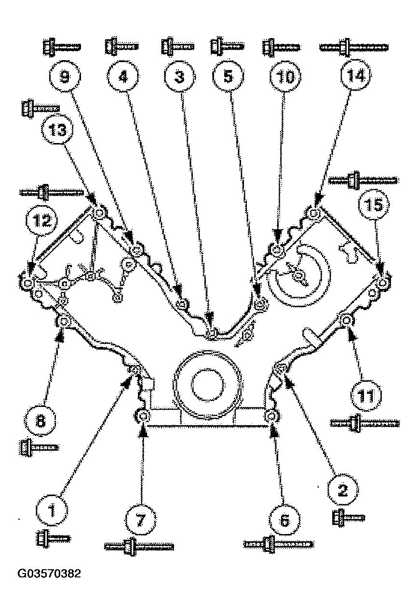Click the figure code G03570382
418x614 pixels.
[49, 574]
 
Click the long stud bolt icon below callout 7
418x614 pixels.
[139, 547]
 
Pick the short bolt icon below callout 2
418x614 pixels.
[348, 517]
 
